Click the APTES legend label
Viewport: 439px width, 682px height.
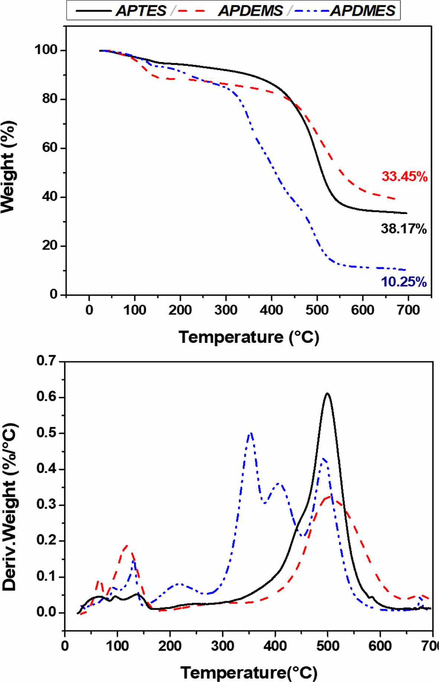[141, 11]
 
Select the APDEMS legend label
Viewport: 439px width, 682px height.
[250, 11]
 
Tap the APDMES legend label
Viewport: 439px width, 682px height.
[363, 11]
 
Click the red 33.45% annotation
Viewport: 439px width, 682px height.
[404, 176]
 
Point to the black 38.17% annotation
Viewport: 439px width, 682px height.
[403, 229]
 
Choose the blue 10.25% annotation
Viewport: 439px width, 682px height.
[403, 282]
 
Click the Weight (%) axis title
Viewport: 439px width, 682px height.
[8, 167]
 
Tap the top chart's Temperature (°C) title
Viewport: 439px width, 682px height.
[249, 337]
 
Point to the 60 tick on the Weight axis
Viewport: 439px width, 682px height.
[49, 148]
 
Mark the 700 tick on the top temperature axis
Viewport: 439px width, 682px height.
[408, 310]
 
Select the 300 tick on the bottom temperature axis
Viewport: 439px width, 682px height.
[222, 646]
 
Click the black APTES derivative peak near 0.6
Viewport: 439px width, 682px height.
[327, 393]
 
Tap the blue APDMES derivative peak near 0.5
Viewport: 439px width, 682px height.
[251, 433]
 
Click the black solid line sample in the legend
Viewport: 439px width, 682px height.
[93, 11]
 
